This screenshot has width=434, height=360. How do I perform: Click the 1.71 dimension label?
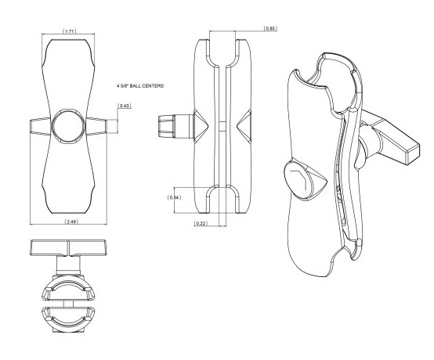pyautogui.click(x=69, y=31)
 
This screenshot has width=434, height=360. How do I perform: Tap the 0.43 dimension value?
pyautogui.click(x=125, y=106)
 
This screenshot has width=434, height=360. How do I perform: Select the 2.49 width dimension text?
pyautogui.click(x=71, y=221)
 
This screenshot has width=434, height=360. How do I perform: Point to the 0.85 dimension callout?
pyautogui.click(x=269, y=28)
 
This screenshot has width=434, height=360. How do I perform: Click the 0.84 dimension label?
pyautogui.click(x=174, y=197)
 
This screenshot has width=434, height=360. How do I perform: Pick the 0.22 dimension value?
pyautogui.click(x=201, y=223)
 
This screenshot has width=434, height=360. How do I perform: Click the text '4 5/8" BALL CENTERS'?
pyautogui.click(x=140, y=86)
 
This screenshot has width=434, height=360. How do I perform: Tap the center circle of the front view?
pyautogui.click(x=68, y=126)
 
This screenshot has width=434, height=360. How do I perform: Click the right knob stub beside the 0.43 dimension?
pyautogui.click(x=96, y=126)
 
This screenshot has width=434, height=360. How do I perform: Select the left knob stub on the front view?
pyautogui.click(x=41, y=127)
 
